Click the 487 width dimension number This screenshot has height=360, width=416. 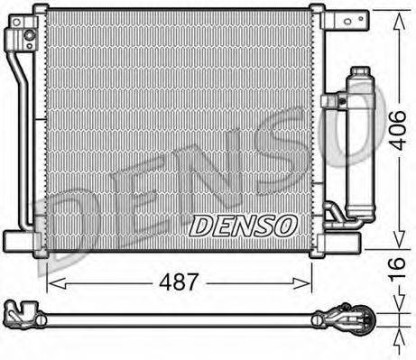click(180, 282)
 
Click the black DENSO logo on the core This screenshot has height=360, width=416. click(240, 222)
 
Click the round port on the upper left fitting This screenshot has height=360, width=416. click(30, 35)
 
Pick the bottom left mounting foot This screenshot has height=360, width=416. click(21, 240)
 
